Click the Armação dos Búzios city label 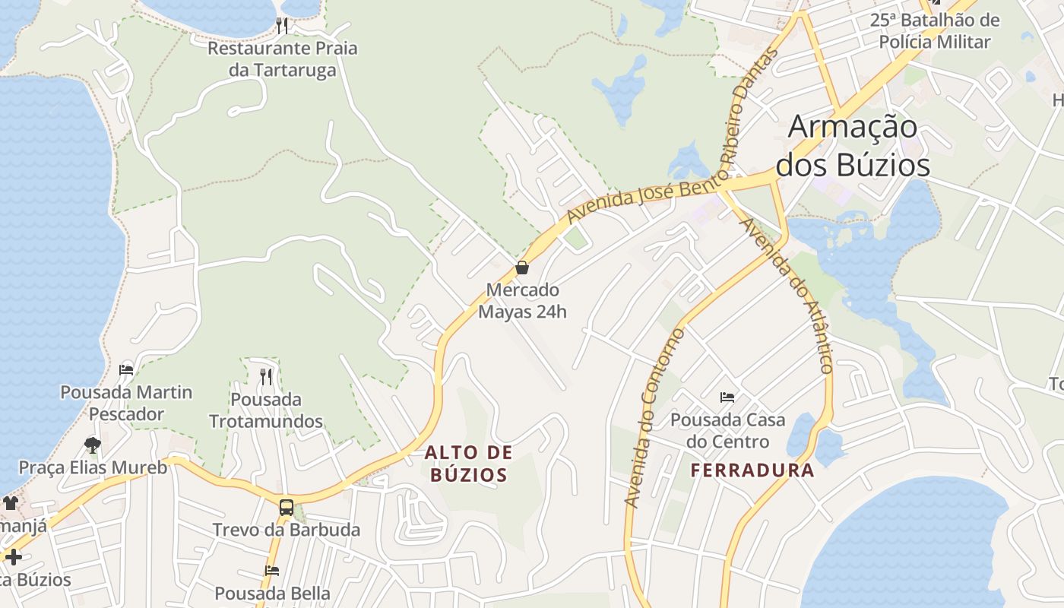click(x=852, y=145)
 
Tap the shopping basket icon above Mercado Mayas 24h click(x=522, y=268)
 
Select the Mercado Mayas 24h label click(x=522, y=301)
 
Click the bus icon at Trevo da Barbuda click(x=287, y=507)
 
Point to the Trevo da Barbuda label click(x=286, y=530)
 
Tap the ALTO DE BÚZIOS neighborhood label click(x=468, y=464)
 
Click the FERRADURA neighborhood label click(x=752, y=470)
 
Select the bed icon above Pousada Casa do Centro click(x=727, y=397)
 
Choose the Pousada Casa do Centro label click(x=727, y=430)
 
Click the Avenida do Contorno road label click(x=654, y=418)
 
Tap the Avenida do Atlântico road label click(x=787, y=296)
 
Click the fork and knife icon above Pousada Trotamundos click(x=266, y=376)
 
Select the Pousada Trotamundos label click(x=266, y=410)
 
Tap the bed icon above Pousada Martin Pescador click(x=126, y=370)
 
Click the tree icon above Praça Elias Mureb click(x=93, y=445)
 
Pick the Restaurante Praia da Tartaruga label click(x=282, y=59)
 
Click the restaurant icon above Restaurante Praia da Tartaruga click(x=282, y=26)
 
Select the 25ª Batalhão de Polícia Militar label click(x=935, y=30)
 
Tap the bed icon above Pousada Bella click(x=272, y=570)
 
